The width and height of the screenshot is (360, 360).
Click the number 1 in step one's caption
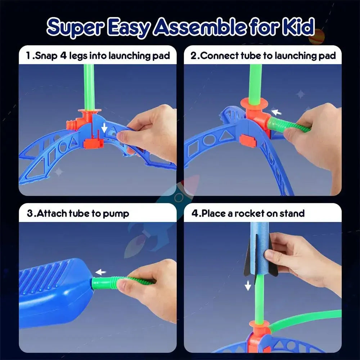coord(28,56)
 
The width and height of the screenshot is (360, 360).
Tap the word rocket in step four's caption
coord(250,213)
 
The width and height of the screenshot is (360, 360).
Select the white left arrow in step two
coord(275,112)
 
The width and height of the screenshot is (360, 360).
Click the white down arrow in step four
coord(248,286)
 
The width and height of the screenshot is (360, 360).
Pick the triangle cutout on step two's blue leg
coord(226,136)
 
